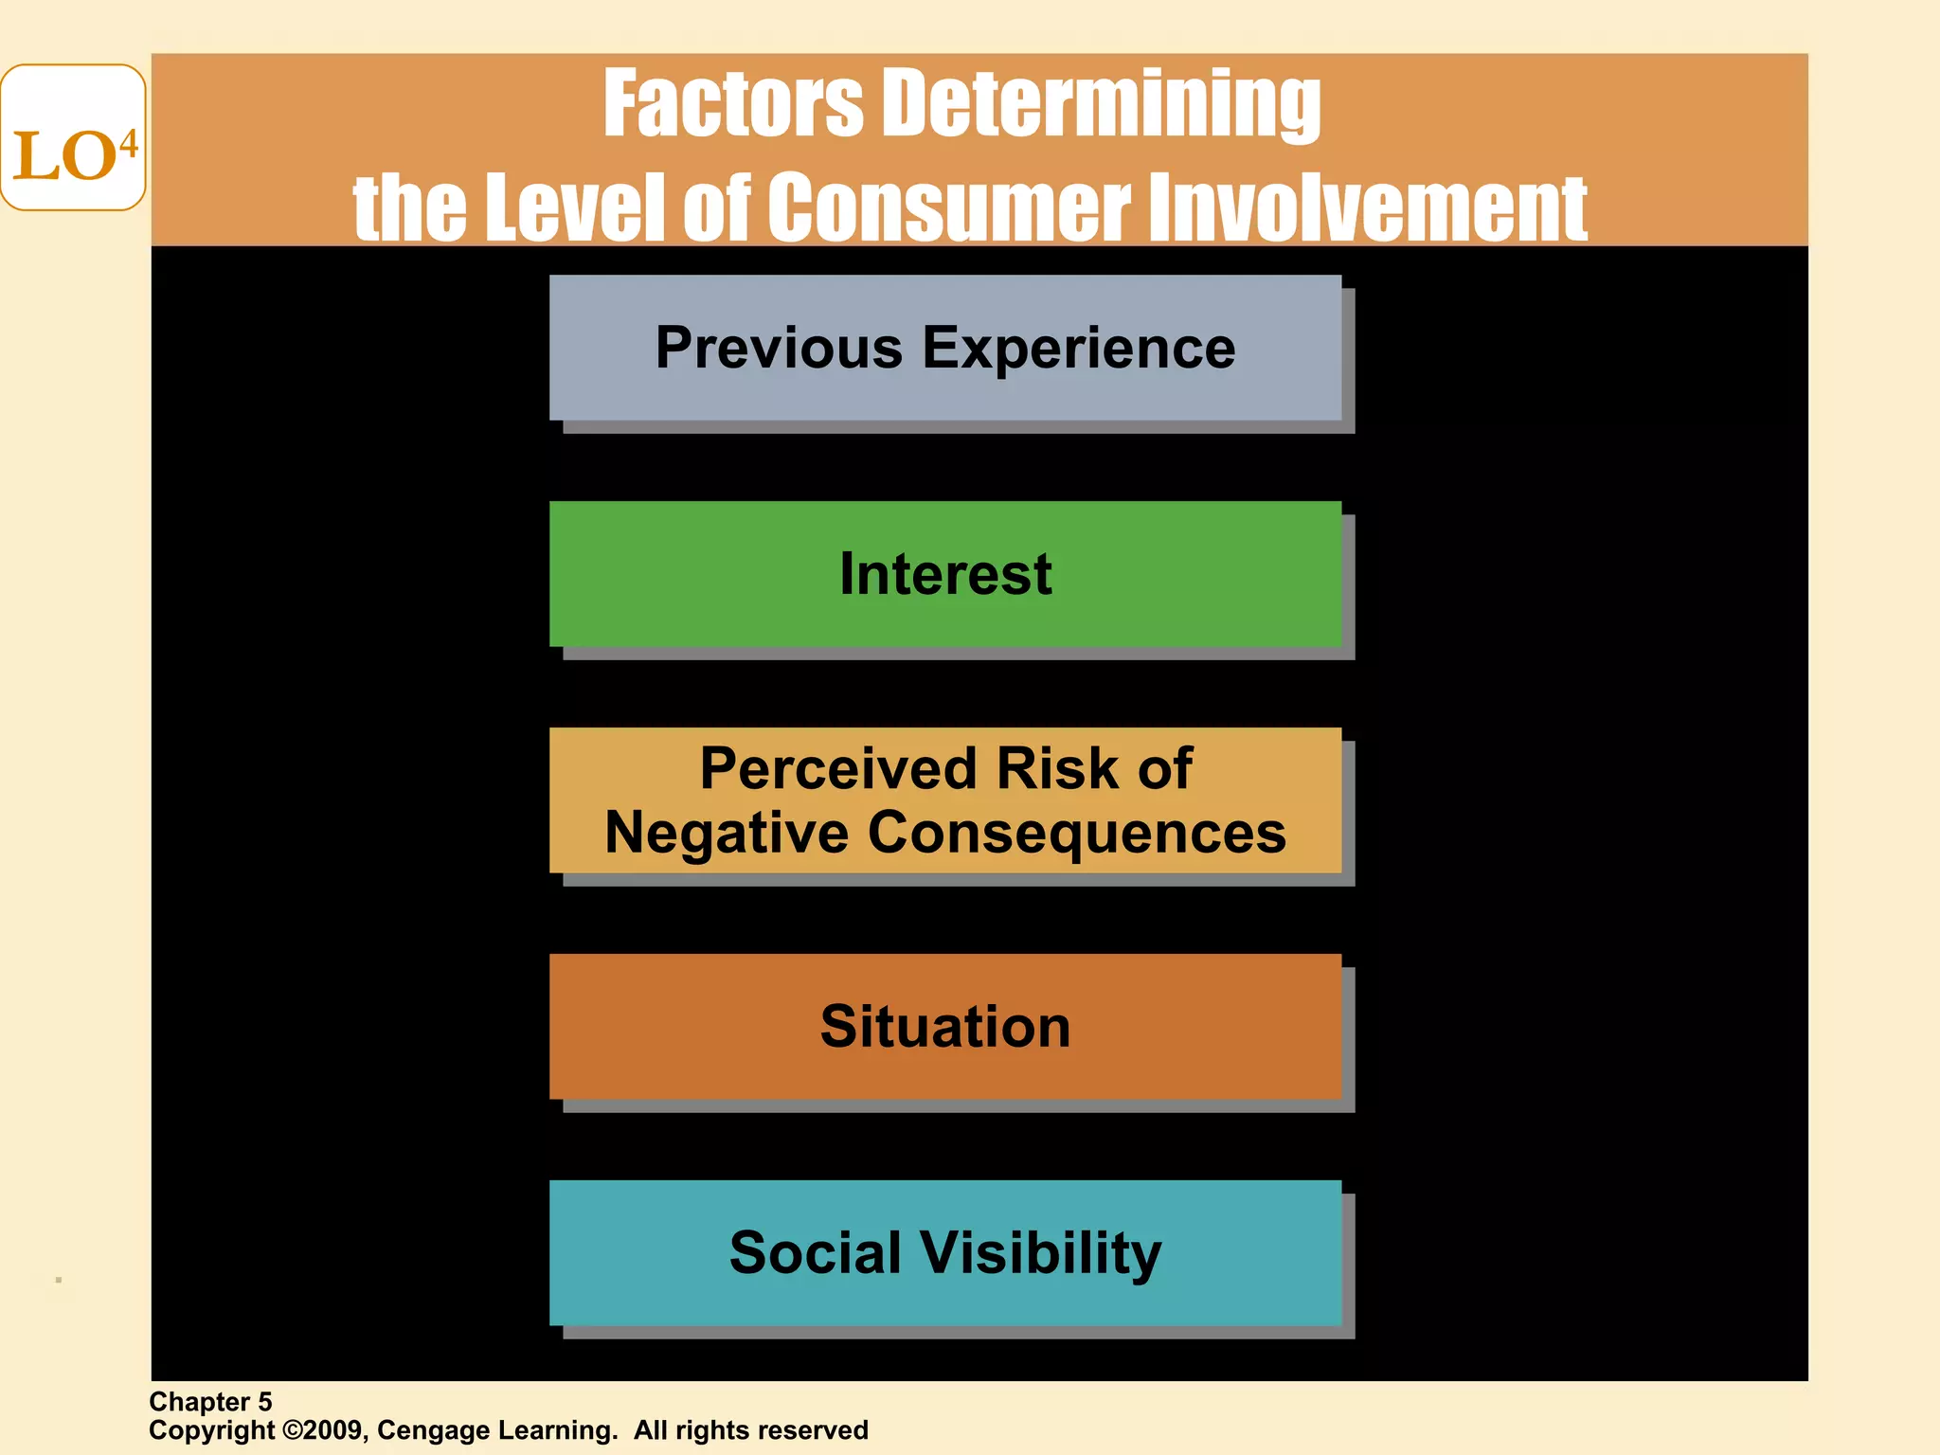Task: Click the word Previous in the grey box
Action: pos(779,349)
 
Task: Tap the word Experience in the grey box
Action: pos(1079,349)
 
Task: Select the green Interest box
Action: pos(945,574)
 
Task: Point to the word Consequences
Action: pos(1077,833)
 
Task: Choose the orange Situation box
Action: pos(945,1027)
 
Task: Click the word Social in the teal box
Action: pos(815,1252)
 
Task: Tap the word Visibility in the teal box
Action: pos(1042,1252)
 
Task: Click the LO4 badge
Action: pos(73,138)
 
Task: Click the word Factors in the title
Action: pos(733,104)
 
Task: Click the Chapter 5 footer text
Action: pos(210,1402)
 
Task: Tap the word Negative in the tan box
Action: pos(726,833)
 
